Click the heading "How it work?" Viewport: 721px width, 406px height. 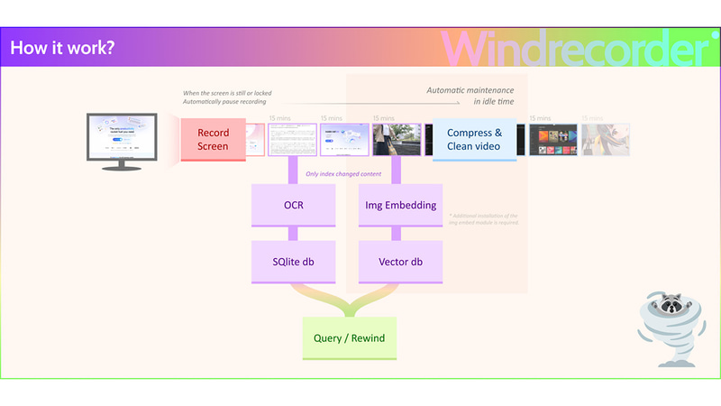[61, 47]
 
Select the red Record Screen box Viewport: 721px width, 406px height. [213, 139]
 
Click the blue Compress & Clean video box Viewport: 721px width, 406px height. [474, 139]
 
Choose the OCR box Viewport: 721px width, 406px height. [293, 205]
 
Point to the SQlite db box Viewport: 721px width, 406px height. [293, 262]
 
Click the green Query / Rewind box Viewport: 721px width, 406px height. [349, 338]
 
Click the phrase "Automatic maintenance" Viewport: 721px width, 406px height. [470, 91]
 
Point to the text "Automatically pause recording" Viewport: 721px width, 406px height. [225, 102]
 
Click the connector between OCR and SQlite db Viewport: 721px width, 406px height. [293, 232]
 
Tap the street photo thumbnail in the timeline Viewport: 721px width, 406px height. [397, 140]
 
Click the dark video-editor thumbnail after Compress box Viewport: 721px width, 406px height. [552, 140]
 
